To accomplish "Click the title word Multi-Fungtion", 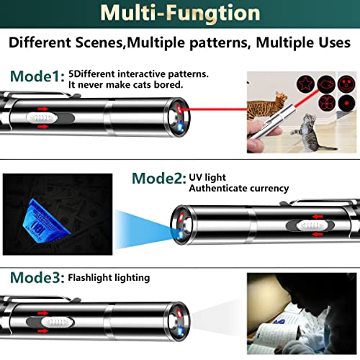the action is (180, 14).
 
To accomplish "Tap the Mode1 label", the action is (37, 76).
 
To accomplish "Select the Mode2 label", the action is (159, 179).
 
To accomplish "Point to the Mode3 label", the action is (37, 277).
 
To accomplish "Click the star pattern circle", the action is (305, 83).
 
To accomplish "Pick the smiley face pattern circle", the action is (346, 84).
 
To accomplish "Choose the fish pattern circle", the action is (326, 84).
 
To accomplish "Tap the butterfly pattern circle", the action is (327, 102).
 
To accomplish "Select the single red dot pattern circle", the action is (346, 103).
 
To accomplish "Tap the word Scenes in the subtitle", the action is (100, 42).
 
